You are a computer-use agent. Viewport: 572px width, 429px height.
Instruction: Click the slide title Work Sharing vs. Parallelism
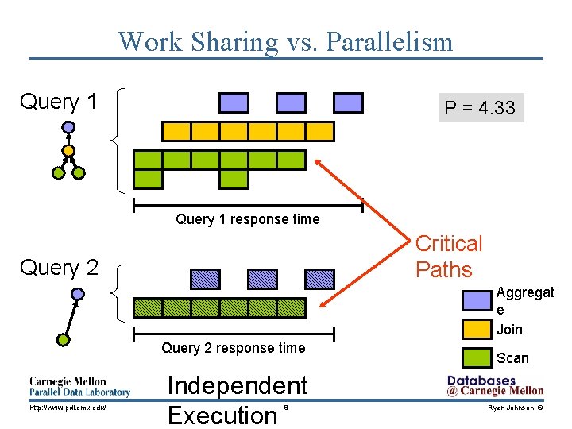click(285, 41)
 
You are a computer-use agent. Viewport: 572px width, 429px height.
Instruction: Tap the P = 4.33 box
click(479, 108)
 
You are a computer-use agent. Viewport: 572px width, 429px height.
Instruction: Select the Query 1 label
click(58, 102)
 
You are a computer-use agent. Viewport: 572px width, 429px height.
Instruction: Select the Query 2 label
click(59, 268)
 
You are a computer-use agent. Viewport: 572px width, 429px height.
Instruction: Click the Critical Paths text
click(449, 256)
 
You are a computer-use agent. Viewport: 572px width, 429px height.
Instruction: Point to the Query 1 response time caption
click(247, 219)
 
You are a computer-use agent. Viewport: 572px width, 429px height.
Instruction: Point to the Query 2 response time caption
click(233, 347)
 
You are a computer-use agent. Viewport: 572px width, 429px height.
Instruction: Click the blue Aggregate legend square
click(477, 300)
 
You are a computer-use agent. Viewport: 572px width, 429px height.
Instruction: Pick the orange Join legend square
click(477, 328)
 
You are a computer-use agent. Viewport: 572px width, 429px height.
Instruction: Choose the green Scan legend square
click(477, 357)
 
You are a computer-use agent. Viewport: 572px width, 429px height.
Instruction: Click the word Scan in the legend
click(512, 358)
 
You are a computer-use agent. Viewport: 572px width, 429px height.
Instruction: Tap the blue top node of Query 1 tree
click(69, 126)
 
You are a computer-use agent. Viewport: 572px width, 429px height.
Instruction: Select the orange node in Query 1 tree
click(69, 149)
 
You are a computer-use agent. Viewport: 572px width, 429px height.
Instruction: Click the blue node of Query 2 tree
click(77, 294)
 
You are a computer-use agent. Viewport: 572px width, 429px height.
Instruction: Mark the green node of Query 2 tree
click(63, 339)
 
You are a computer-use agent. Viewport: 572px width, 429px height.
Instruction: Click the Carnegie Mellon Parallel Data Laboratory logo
click(79, 386)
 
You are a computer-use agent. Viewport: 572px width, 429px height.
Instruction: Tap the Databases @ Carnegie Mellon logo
click(495, 385)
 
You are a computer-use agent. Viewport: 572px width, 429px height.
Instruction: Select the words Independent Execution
click(237, 400)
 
